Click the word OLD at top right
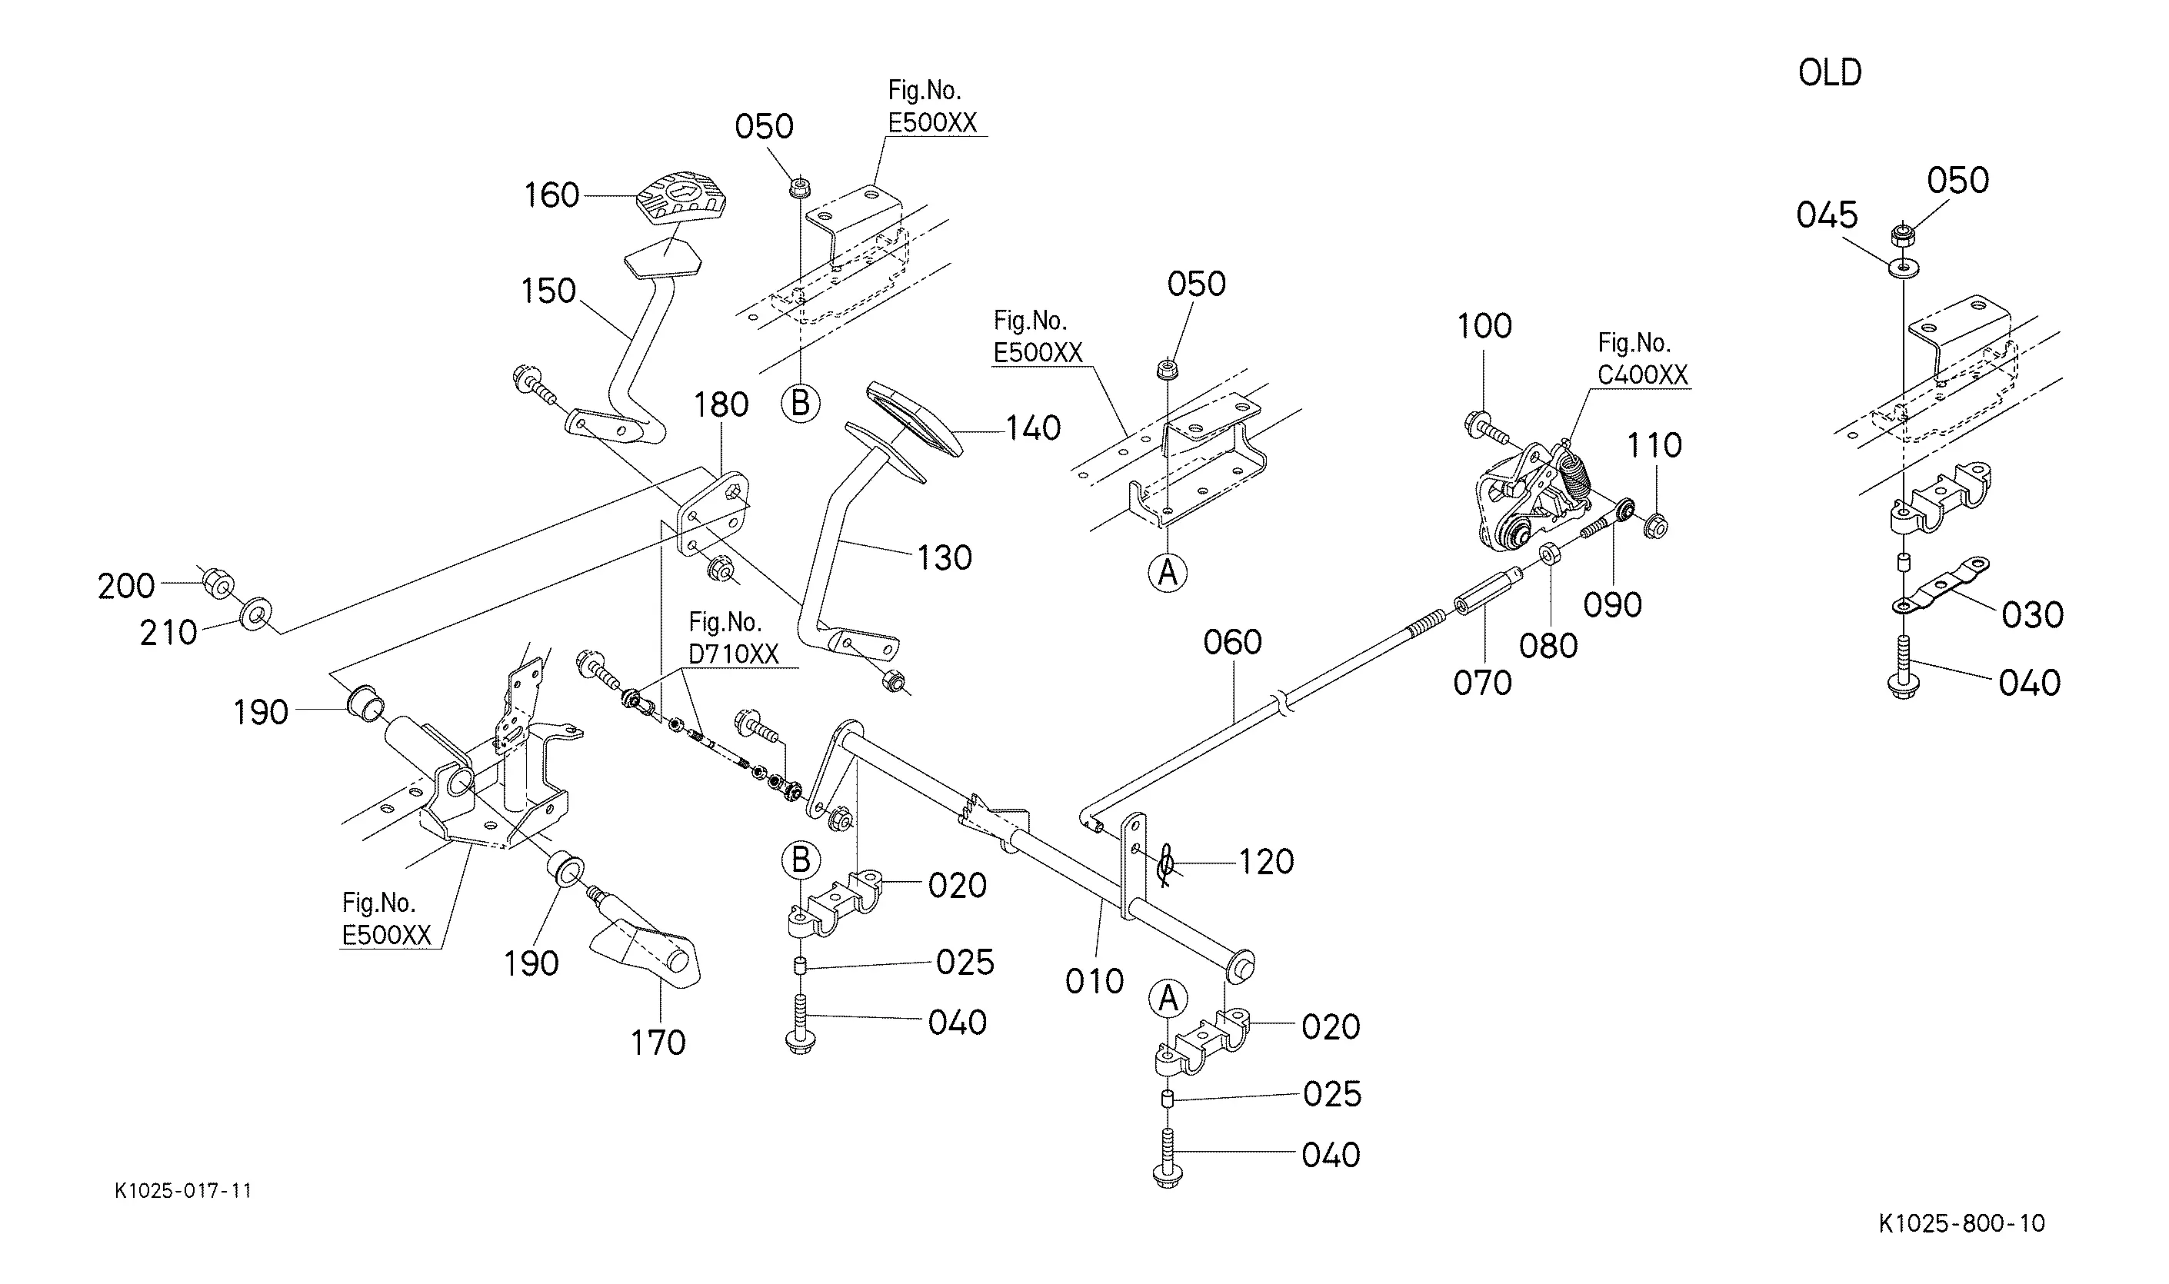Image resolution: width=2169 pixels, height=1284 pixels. [x=1830, y=73]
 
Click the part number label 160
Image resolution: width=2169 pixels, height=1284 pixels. [x=551, y=195]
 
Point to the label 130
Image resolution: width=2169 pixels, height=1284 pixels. [x=945, y=558]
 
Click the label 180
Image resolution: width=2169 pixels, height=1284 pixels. [x=721, y=405]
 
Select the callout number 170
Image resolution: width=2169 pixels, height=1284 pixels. [x=658, y=1043]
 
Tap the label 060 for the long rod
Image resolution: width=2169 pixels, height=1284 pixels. [x=1232, y=643]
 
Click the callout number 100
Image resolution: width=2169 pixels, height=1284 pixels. [x=1484, y=327]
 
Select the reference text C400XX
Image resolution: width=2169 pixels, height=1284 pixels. [x=1643, y=374]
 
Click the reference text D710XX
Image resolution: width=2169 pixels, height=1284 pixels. [x=734, y=654]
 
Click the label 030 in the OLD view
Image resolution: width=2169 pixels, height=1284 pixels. [x=2032, y=615]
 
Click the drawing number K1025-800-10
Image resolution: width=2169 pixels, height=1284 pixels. [x=1961, y=1223]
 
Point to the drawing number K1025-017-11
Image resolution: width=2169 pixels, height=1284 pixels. [x=184, y=1190]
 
